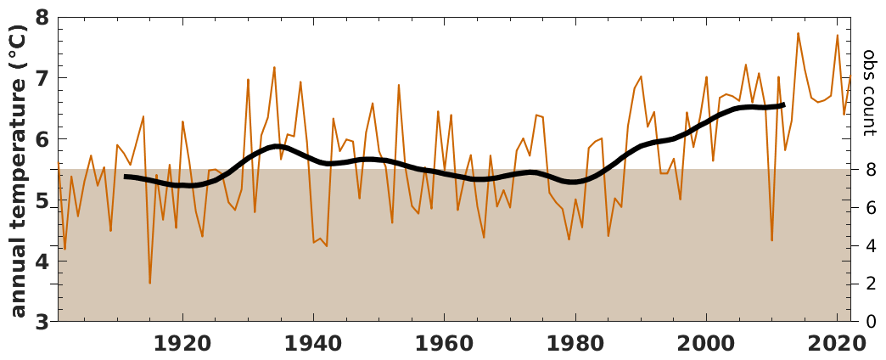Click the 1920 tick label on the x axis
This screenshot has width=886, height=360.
click(182, 344)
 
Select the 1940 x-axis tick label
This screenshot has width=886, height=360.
click(313, 344)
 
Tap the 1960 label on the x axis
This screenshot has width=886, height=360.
click(444, 344)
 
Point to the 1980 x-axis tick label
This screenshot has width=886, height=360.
click(575, 344)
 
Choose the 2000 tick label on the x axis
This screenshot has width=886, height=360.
click(706, 344)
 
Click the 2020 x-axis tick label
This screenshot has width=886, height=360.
click(837, 344)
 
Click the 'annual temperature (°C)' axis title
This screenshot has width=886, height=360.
click(18, 170)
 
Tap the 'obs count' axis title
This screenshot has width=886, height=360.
click(870, 93)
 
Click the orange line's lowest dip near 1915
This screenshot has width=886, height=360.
click(150, 283)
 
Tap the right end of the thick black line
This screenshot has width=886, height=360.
click(782, 105)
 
